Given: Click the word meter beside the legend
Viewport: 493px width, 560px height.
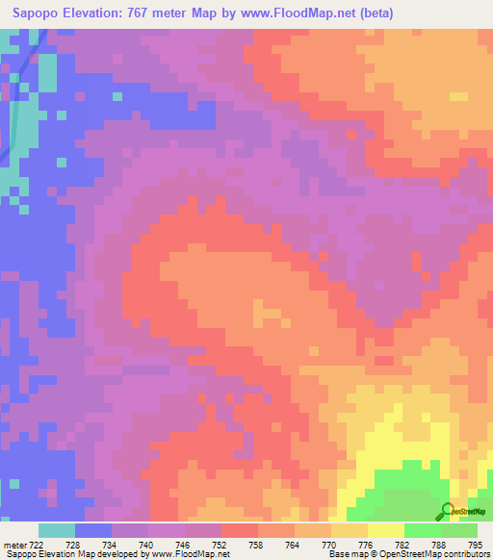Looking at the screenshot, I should click(x=13, y=546).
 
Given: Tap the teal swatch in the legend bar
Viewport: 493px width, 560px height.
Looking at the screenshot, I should click(x=57, y=530).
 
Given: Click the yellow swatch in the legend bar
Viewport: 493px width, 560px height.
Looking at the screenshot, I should click(x=386, y=530).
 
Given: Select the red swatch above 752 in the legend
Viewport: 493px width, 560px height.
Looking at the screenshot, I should click(x=240, y=530).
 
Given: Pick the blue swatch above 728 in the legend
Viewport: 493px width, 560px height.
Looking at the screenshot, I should click(x=93, y=530).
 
